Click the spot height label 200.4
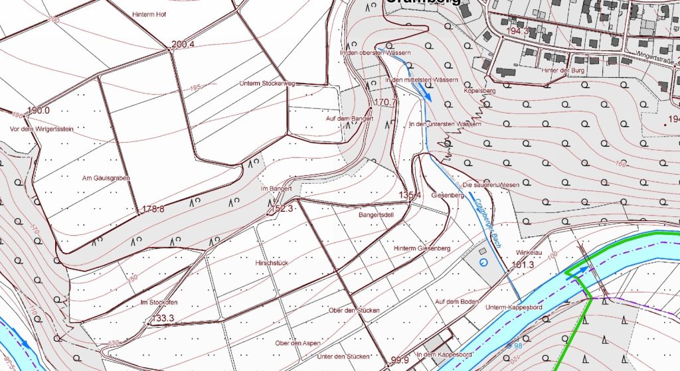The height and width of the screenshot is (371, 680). (x=183, y=45)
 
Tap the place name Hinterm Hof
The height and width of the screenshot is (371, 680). (x=148, y=14)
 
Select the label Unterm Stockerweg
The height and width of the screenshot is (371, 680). (x=267, y=84)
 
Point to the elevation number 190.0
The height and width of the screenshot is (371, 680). (x=39, y=110)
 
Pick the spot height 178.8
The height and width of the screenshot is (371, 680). (x=153, y=209)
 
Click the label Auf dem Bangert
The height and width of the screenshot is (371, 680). (x=350, y=119)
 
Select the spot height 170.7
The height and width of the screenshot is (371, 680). (x=386, y=103)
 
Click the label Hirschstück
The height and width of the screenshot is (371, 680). (x=272, y=263)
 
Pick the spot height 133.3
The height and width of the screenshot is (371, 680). (x=163, y=319)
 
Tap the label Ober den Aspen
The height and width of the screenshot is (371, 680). (x=297, y=343)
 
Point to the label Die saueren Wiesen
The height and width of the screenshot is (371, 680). (x=490, y=185)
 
